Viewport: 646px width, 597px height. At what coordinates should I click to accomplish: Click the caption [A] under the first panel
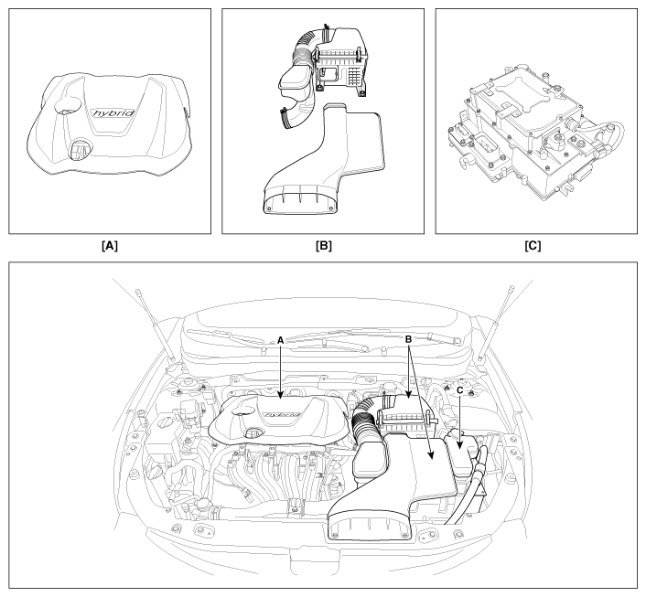click(x=110, y=246)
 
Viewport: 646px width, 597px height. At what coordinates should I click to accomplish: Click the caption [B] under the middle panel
click(x=323, y=246)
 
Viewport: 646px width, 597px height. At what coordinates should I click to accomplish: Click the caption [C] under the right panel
click(x=533, y=246)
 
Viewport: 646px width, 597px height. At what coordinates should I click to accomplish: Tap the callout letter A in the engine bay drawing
click(x=281, y=340)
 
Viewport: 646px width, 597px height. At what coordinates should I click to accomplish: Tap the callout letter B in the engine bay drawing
click(x=409, y=339)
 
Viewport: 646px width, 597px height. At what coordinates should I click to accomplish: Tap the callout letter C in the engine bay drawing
click(x=460, y=389)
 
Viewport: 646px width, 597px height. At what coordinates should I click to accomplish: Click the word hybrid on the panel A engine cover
click(x=113, y=112)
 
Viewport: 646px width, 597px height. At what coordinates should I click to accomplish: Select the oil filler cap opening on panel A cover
click(x=79, y=149)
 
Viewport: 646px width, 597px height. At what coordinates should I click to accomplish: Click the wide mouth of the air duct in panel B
click(x=298, y=204)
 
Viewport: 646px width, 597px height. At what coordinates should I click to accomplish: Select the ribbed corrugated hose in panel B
click(x=307, y=46)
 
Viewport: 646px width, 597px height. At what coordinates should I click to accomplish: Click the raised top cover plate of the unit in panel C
click(x=522, y=95)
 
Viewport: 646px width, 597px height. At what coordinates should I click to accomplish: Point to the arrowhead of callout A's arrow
click(x=280, y=397)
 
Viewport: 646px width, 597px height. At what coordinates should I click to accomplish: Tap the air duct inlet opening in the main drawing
click(x=369, y=528)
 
